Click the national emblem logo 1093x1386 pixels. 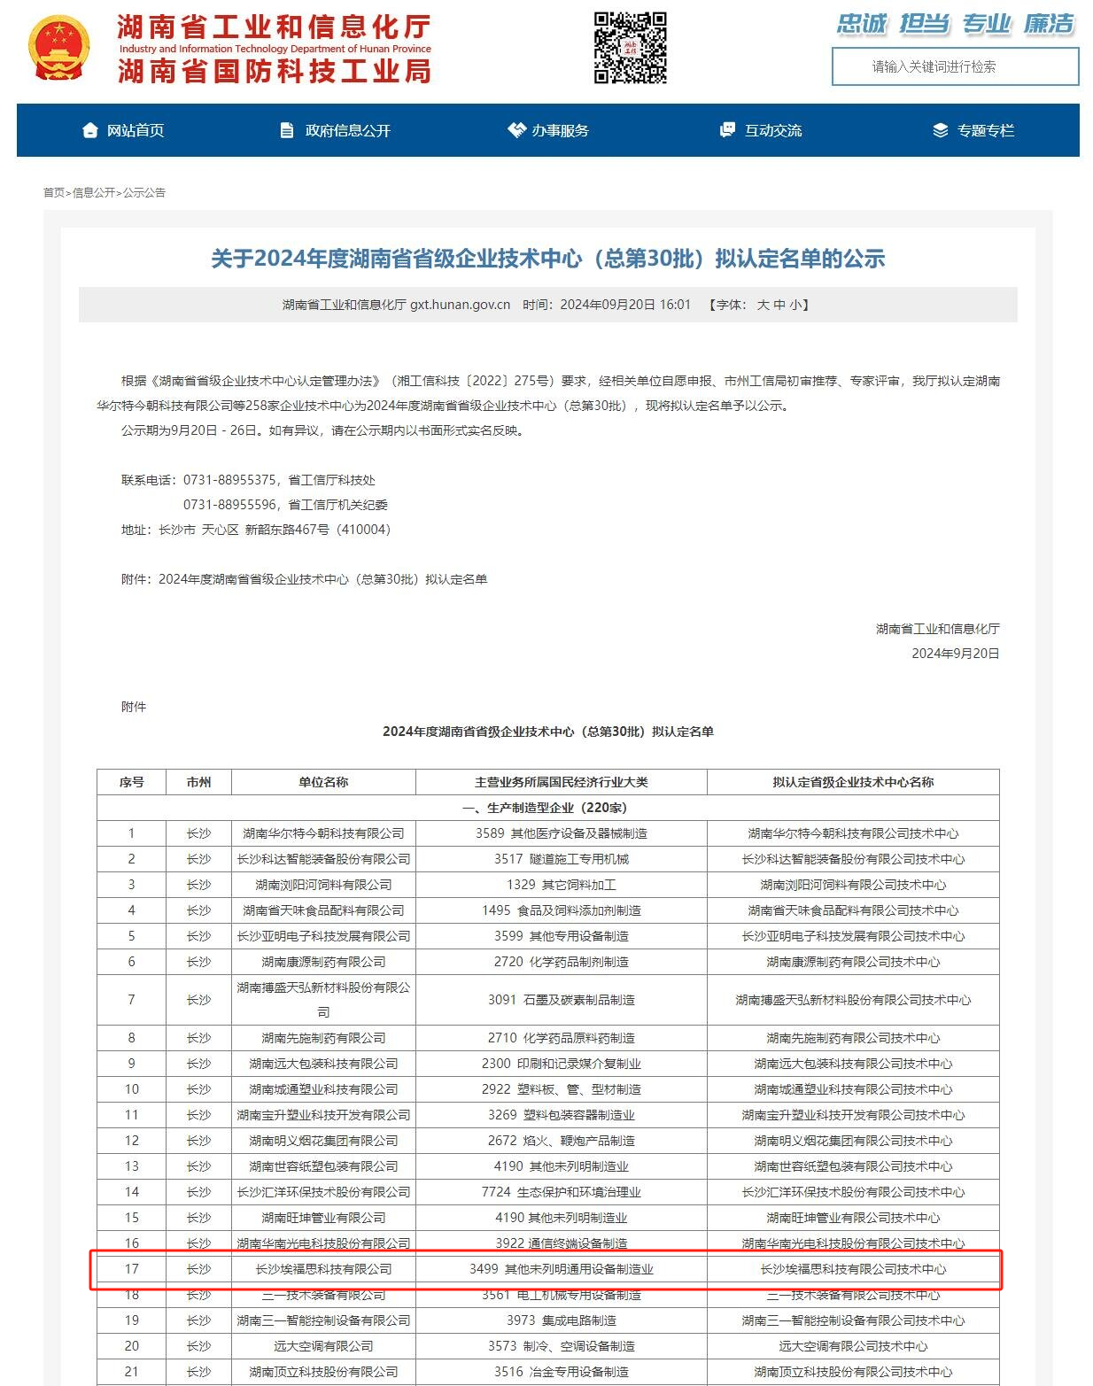coord(58,49)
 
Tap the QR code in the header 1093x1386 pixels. coord(630,48)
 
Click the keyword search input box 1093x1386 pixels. coord(955,66)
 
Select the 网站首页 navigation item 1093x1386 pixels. coord(123,130)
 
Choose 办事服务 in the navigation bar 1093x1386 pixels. coord(548,130)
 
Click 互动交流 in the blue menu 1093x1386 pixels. coord(761,130)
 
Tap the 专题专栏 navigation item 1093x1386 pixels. coord(973,130)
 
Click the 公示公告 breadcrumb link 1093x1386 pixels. coord(144,192)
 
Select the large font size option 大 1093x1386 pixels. coord(763,305)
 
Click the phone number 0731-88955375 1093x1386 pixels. coord(229,480)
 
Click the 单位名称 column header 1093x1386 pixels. coord(323,782)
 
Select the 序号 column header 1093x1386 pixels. coord(131,782)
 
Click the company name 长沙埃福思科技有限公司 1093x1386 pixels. coord(323,1269)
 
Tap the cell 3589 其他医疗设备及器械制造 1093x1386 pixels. coord(561,833)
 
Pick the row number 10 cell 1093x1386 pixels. coord(131,1089)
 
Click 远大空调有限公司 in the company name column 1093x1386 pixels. coord(323,1346)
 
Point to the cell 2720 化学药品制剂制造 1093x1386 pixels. coord(561,962)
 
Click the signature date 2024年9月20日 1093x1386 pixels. coord(955,654)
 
